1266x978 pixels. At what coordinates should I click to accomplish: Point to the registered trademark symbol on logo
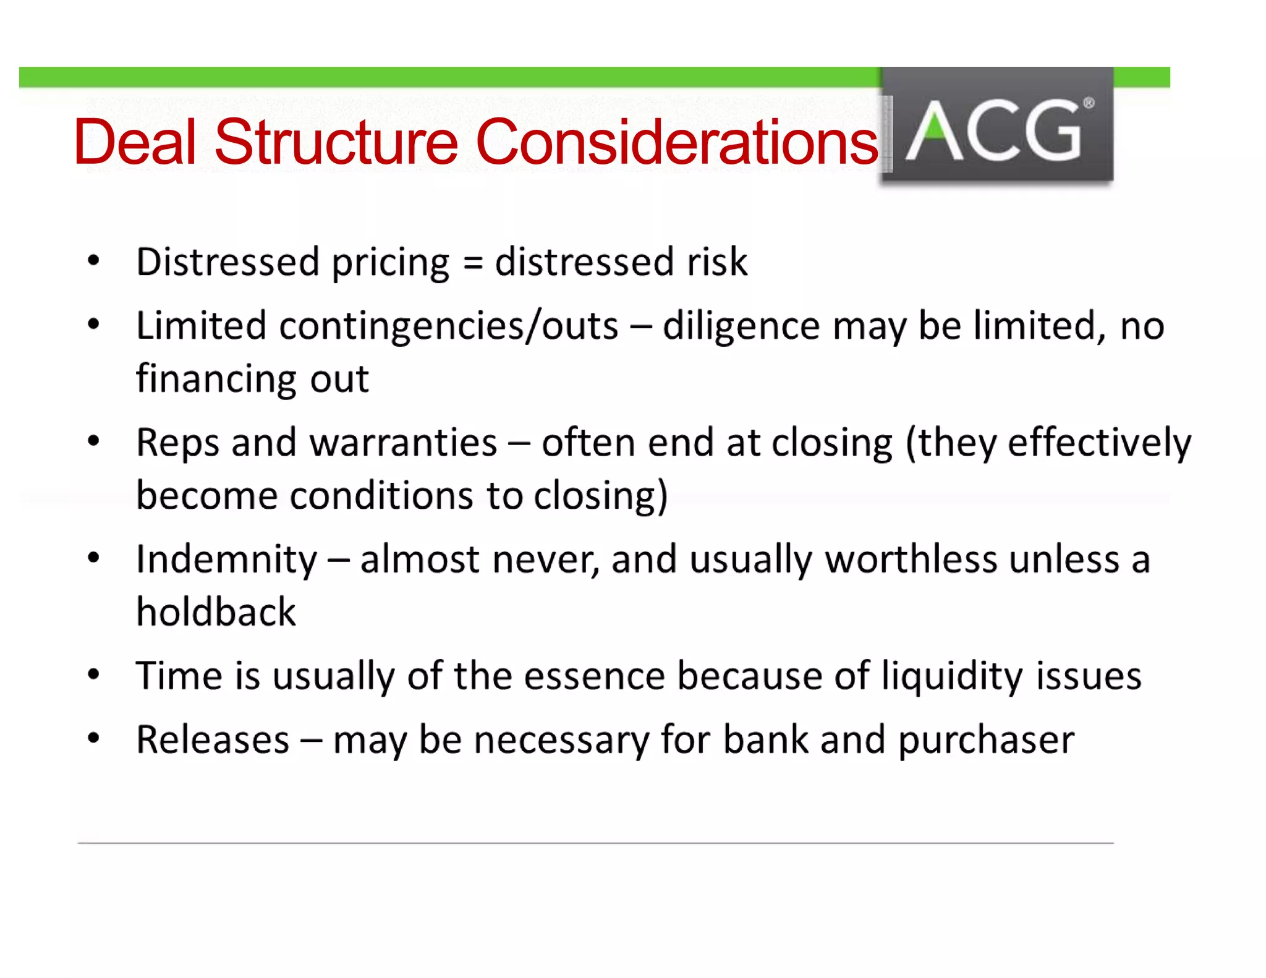pyautogui.click(x=1088, y=103)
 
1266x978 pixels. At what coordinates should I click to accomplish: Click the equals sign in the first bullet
pyautogui.click(x=472, y=262)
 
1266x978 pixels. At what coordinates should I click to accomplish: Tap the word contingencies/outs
pyautogui.click(x=448, y=326)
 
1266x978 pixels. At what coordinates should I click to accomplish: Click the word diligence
pyautogui.click(x=741, y=326)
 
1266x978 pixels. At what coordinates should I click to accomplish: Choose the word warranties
pyautogui.click(x=403, y=443)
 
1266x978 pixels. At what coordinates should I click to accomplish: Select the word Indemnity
pyautogui.click(x=226, y=559)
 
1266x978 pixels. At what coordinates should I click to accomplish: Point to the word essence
pyautogui.click(x=594, y=676)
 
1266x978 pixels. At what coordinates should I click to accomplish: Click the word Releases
pyautogui.click(x=213, y=739)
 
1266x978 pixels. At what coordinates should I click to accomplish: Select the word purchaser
pyautogui.click(x=986, y=739)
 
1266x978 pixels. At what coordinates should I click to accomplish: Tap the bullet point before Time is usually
pyautogui.click(x=93, y=674)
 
